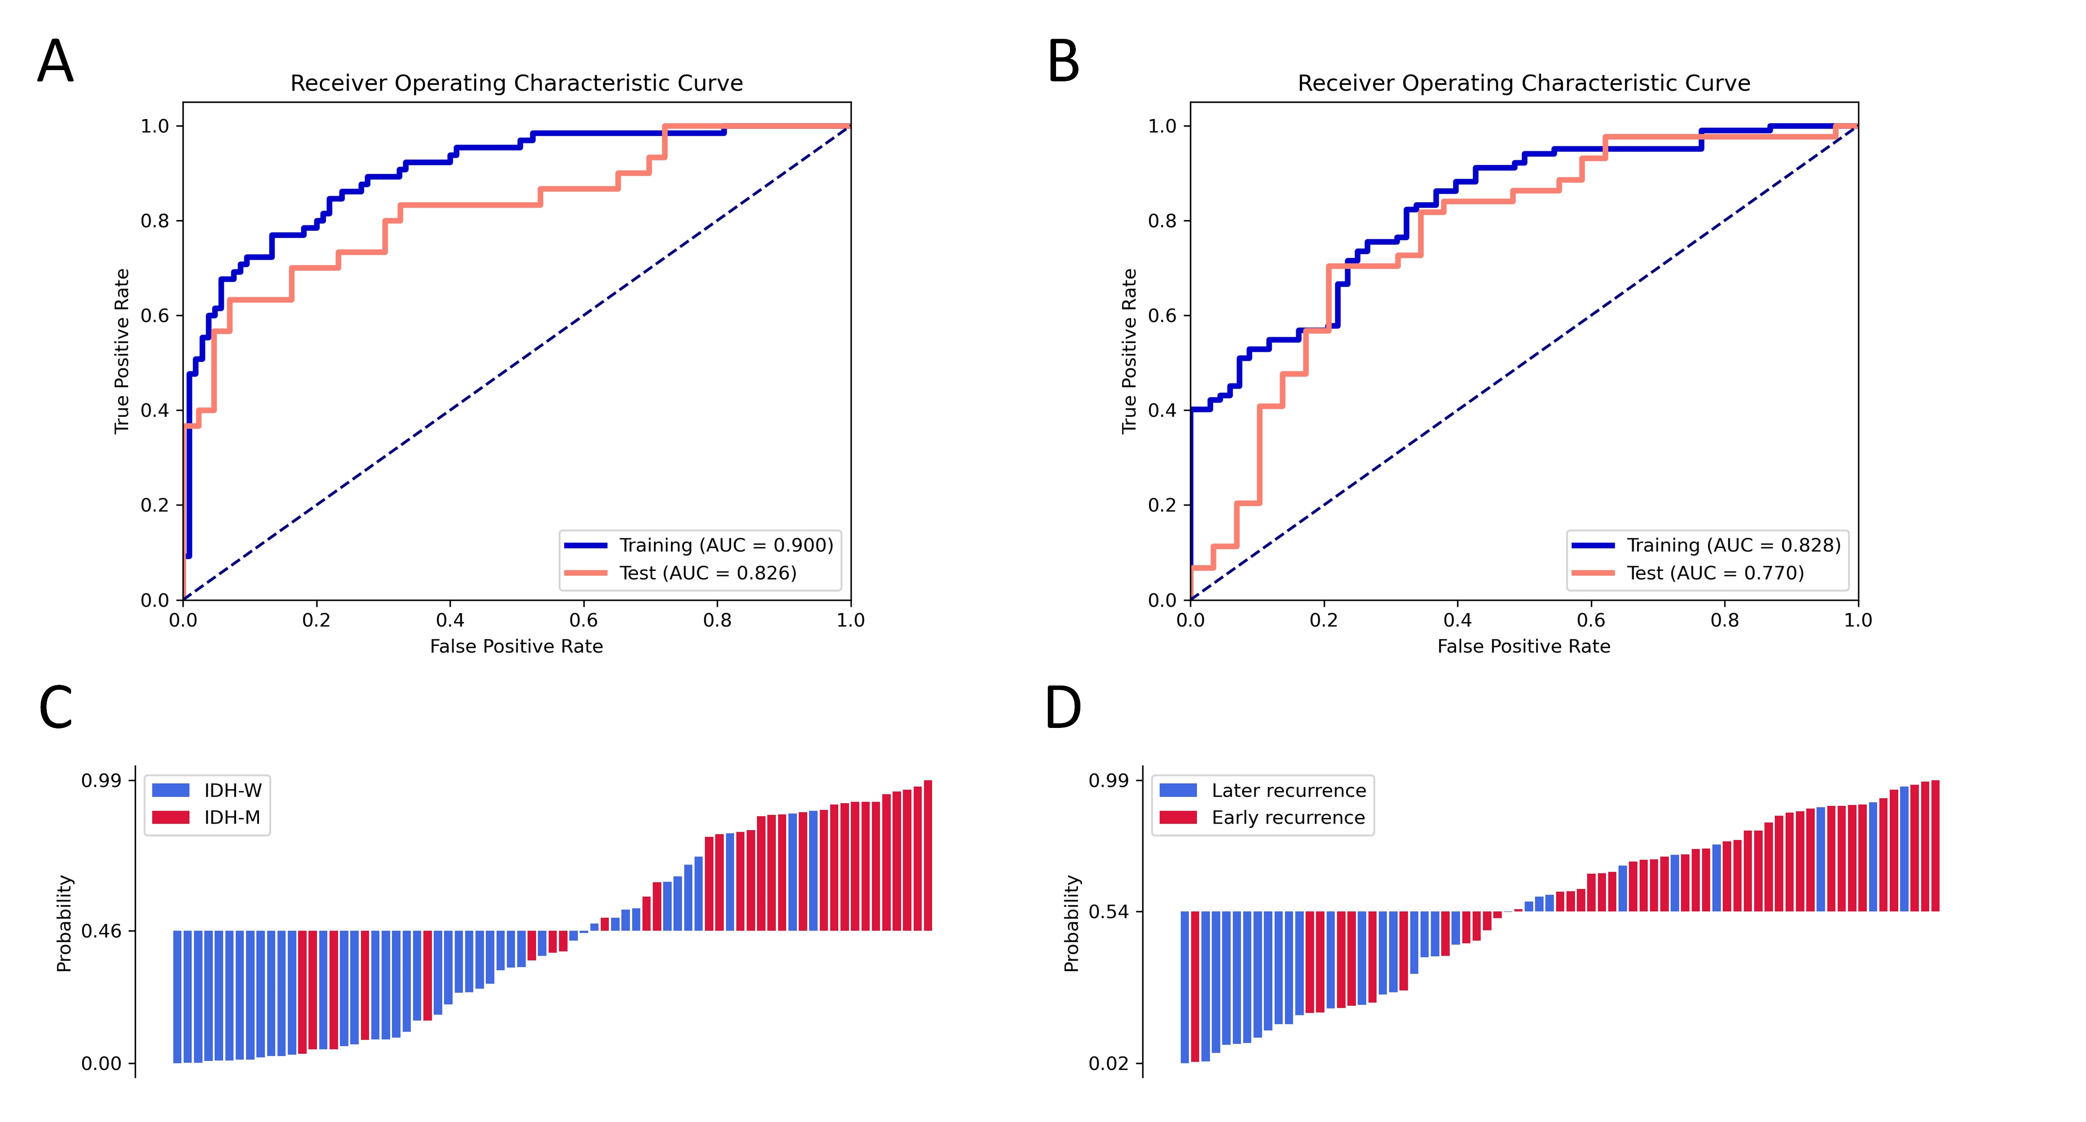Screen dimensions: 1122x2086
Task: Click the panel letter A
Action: coord(55,62)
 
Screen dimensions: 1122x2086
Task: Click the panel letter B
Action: coord(1063,62)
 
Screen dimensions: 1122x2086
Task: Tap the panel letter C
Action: coord(55,707)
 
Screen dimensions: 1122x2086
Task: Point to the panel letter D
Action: coord(1063,707)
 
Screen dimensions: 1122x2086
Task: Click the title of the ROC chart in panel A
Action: coord(517,84)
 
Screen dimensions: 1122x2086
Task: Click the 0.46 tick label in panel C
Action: coord(101,931)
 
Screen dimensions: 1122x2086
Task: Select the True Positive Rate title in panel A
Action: coord(122,351)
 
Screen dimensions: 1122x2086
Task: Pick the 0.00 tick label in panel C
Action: coord(101,1064)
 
